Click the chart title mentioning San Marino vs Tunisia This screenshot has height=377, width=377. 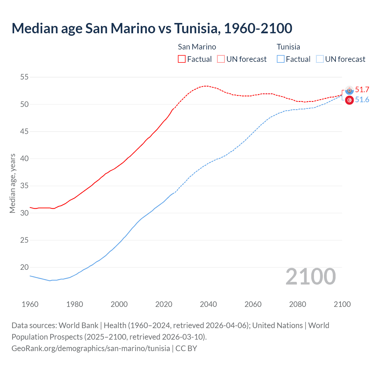point(152,28)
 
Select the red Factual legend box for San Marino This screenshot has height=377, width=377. point(182,59)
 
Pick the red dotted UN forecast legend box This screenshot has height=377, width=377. point(221,59)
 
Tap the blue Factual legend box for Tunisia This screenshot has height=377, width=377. point(281,59)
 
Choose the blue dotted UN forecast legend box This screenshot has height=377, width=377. point(320,59)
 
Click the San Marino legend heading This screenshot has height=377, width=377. point(197,47)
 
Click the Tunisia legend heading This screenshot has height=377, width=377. point(288,47)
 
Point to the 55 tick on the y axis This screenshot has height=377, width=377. point(24,77)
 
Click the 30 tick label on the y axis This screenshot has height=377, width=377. point(24,213)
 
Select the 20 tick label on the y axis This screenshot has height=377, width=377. point(24,267)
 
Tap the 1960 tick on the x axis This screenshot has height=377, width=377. point(30,304)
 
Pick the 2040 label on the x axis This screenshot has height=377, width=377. point(208,304)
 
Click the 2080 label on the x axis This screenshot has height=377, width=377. point(297,304)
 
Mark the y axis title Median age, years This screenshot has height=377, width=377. point(12,183)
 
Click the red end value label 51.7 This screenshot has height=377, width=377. point(362,90)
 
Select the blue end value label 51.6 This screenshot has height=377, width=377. point(362,100)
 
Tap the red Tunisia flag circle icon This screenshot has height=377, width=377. point(349,100)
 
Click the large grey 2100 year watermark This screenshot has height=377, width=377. point(310,276)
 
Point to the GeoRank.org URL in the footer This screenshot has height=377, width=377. point(91,348)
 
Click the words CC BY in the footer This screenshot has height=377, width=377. point(186,348)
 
